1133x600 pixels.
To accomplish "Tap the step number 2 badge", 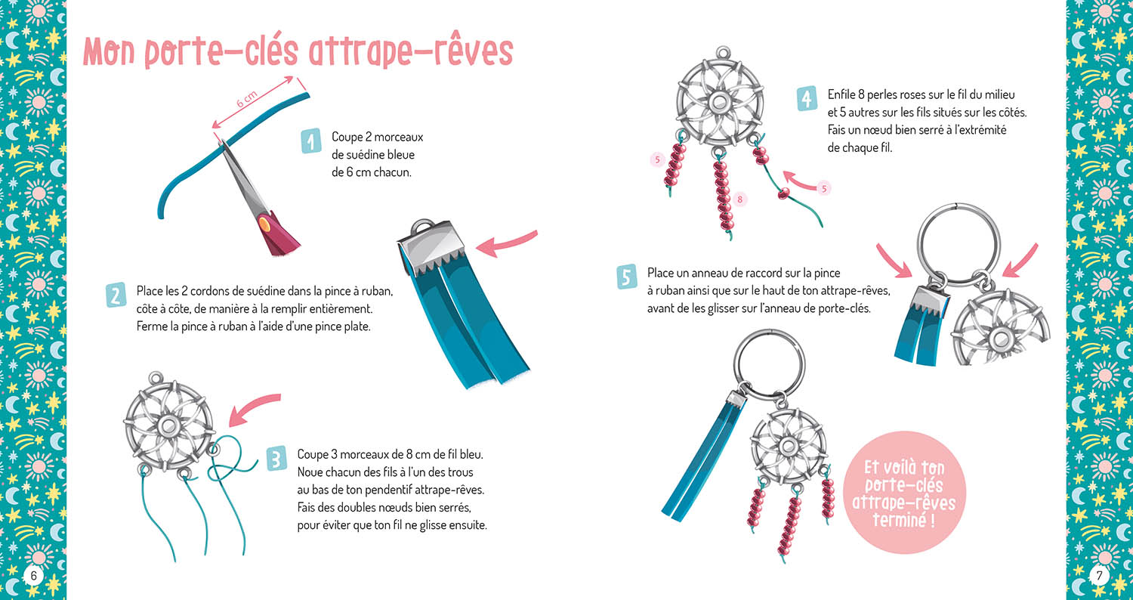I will click(x=115, y=295).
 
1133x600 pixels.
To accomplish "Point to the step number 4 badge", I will click(x=807, y=99).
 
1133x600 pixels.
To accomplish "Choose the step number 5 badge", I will click(x=626, y=277).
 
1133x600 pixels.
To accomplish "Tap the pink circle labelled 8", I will click(x=740, y=199).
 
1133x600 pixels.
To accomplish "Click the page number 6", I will click(x=32, y=576).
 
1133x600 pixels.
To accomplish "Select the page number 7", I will click(x=1099, y=576).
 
